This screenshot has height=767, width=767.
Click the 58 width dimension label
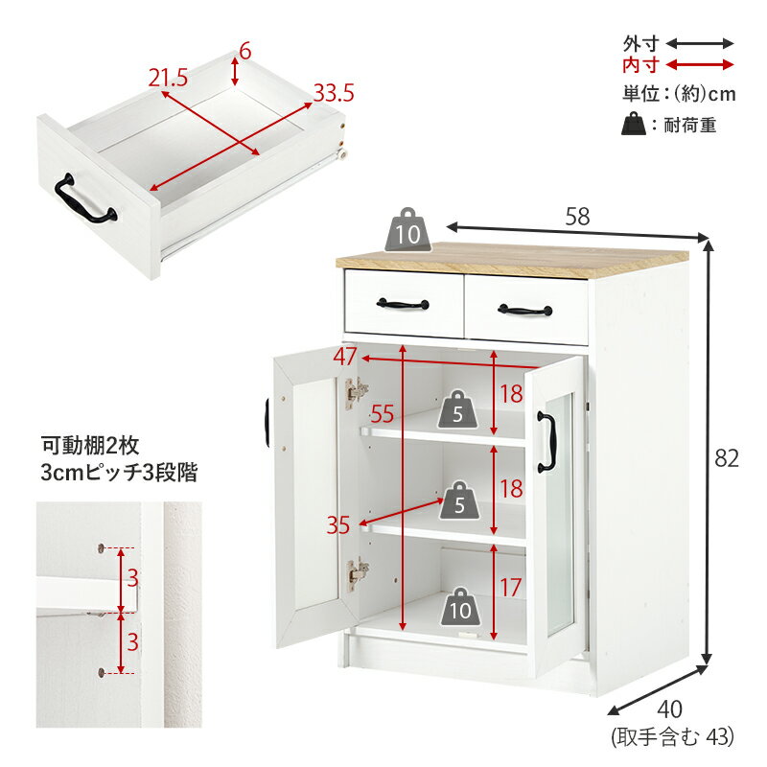[578, 217]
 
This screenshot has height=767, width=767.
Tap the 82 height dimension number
[727, 458]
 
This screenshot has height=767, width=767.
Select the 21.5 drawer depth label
[169, 78]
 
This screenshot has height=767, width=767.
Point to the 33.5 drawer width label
[334, 93]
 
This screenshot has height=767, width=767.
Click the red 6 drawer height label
[244, 51]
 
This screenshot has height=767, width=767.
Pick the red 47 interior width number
[345, 356]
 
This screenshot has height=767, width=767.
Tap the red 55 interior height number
[382, 414]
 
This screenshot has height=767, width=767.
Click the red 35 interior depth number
[338, 525]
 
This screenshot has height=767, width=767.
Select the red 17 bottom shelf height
[510, 587]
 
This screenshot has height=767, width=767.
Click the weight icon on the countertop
[408, 230]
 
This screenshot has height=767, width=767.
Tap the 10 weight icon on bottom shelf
[460, 606]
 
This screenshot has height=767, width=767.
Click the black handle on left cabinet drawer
[403, 304]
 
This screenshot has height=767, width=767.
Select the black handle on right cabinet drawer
[525, 310]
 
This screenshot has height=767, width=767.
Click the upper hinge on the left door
[357, 393]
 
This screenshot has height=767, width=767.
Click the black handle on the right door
[546, 442]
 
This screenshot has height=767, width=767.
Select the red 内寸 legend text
[640, 64]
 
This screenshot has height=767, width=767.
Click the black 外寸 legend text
[640, 44]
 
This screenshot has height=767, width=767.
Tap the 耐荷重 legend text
[689, 126]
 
